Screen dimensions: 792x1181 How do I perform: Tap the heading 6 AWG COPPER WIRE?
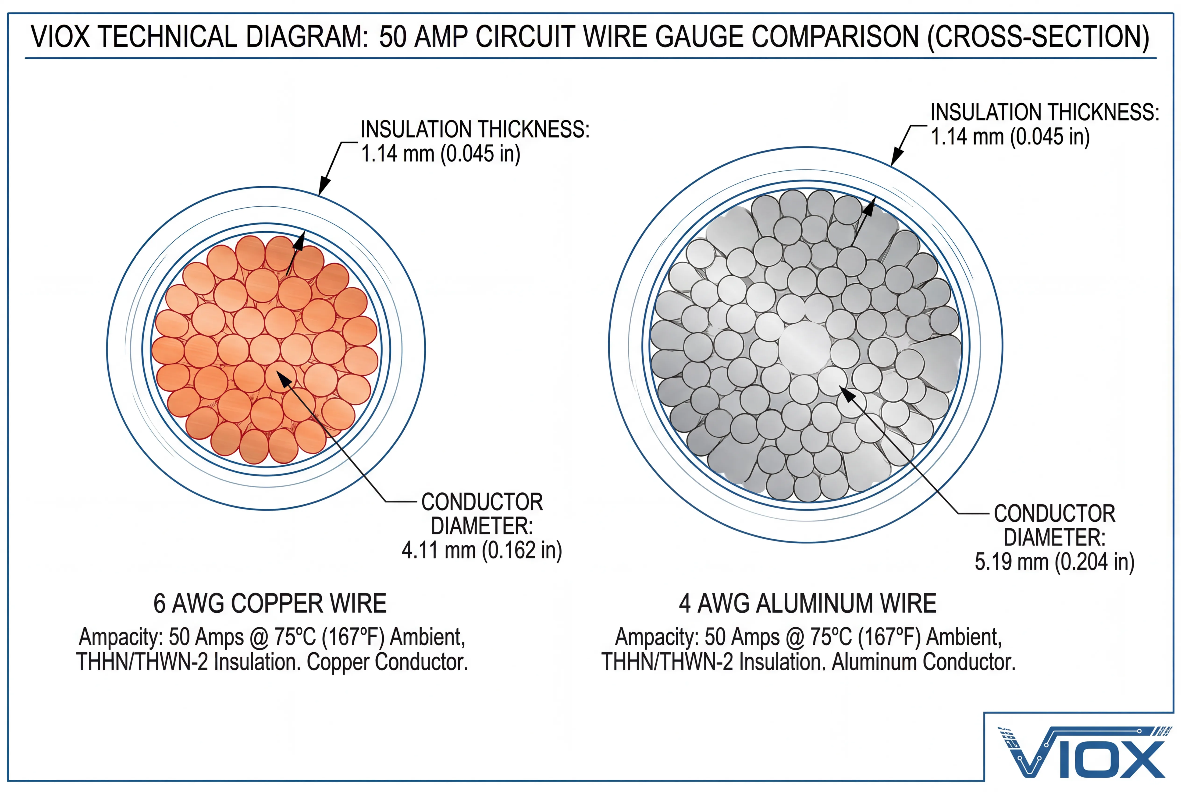tap(270, 604)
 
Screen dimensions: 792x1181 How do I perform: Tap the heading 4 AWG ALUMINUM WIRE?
tap(807, 604)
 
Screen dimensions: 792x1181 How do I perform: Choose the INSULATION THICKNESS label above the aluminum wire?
tap(1045, 112)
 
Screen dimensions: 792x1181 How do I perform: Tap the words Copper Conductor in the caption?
tap(387, 662)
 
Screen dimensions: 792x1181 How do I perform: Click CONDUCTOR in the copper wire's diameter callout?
tap(482, 502)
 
